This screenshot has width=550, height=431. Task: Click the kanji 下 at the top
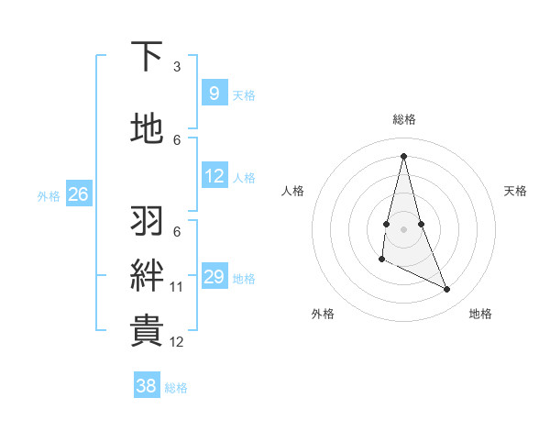[148, 57]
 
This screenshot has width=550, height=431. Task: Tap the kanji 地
[148, 129]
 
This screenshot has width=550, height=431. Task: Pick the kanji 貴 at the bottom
[148, 330]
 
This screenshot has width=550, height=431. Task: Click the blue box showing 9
[214, 93]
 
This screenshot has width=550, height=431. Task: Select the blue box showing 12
[214, 176]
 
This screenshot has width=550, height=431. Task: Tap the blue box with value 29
[214, 277]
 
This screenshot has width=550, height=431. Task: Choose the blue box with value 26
[78, 194]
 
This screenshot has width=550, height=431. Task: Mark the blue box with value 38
[146, 386]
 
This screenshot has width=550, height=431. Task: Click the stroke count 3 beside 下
[176, 67]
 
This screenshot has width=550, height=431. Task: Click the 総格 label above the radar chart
[403, 119]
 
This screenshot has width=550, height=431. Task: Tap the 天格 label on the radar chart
[515, 191]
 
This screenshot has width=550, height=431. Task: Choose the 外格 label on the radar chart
[323, 314]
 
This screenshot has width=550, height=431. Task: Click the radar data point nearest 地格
[447, 290]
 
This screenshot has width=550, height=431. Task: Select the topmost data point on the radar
[403, 156]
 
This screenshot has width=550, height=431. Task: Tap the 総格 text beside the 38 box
[176, 388]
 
